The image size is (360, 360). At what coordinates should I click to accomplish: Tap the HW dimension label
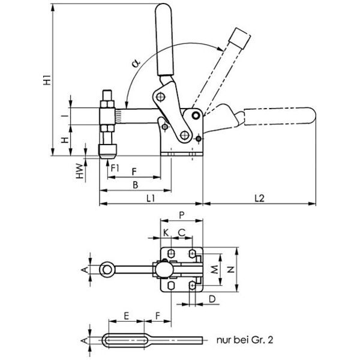(x=80, y=172)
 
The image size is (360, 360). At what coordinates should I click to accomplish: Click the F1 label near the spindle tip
(x=116, y=167)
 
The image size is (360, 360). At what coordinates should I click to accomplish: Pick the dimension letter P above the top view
(x=181, y=214)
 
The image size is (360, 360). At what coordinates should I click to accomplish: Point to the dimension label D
(x=211, y=298)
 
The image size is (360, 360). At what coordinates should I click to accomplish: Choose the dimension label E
(x=126, y=314)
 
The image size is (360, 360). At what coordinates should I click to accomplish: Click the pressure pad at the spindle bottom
(x=107, y=150)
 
